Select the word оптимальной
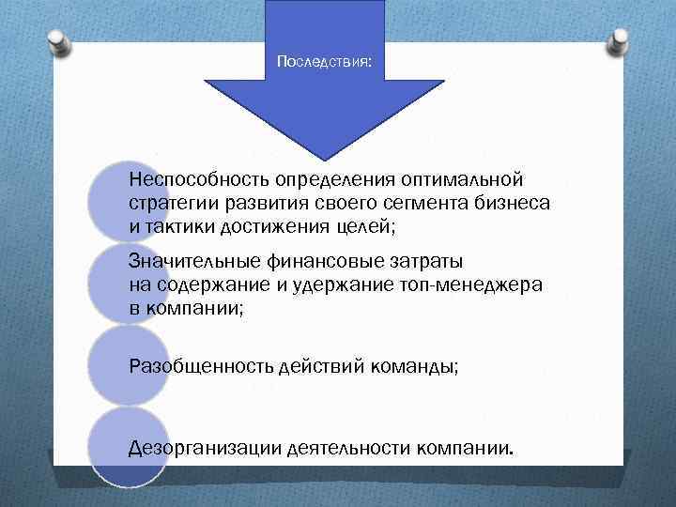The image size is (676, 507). [468, 178]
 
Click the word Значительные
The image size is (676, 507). [190, 260]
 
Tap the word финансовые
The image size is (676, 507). [311, 260]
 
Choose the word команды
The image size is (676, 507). [416, 365]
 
